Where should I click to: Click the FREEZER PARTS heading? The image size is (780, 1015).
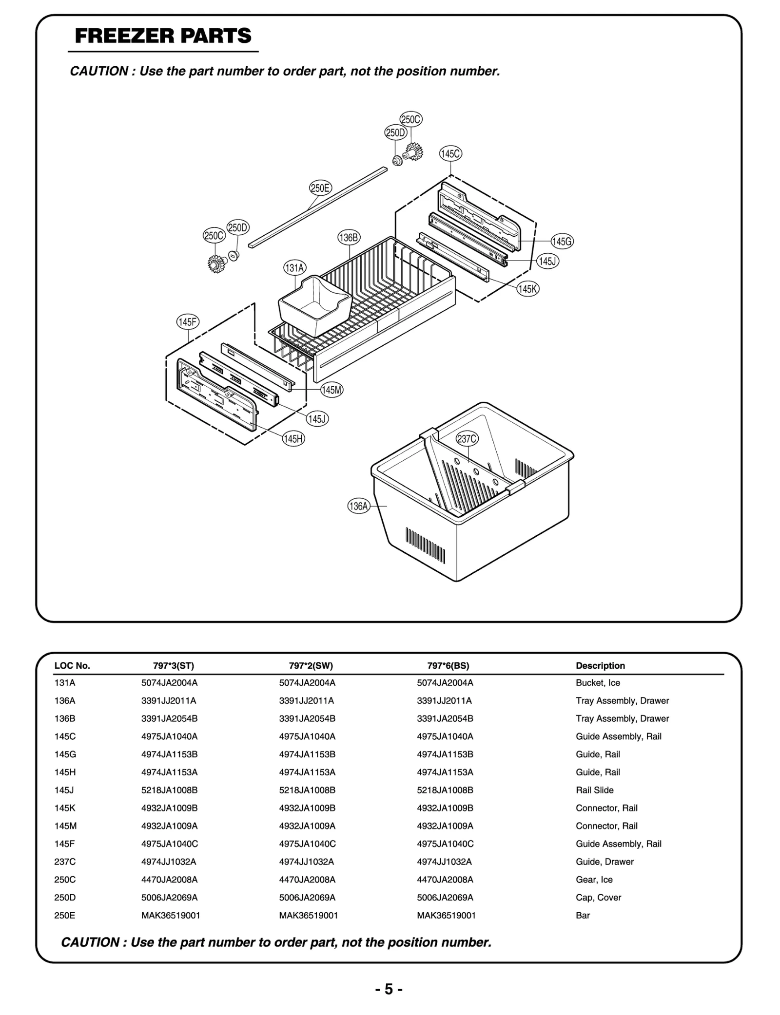[x=163, y=36]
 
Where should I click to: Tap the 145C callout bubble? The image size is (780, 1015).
[x=450, y=154]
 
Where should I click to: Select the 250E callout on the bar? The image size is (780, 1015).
[x=320, y=188]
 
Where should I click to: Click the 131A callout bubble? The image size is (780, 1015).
[x=294, y=268]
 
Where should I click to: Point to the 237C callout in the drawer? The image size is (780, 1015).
[x=467, y=438]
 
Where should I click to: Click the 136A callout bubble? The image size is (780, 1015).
[x=359, y=506]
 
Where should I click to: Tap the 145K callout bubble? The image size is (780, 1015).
[x=528, y=289]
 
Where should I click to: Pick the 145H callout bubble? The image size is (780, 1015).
[x=293, y=438]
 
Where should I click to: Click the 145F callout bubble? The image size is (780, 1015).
[x=188, y=322]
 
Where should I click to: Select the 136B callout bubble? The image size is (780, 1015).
[x=349, y=238]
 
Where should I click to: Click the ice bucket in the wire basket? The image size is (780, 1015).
[x=314, y=304]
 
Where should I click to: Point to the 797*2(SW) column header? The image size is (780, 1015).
[x=311, y=666]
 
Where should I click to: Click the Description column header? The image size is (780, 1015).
[x=600, y=666]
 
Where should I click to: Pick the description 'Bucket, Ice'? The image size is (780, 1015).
[x=598, y=683]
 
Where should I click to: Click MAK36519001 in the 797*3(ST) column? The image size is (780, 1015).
[x=171, y=915]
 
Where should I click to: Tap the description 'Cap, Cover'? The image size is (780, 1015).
[x=598, y=897]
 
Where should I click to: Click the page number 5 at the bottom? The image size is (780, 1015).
[x=389, y=989]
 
